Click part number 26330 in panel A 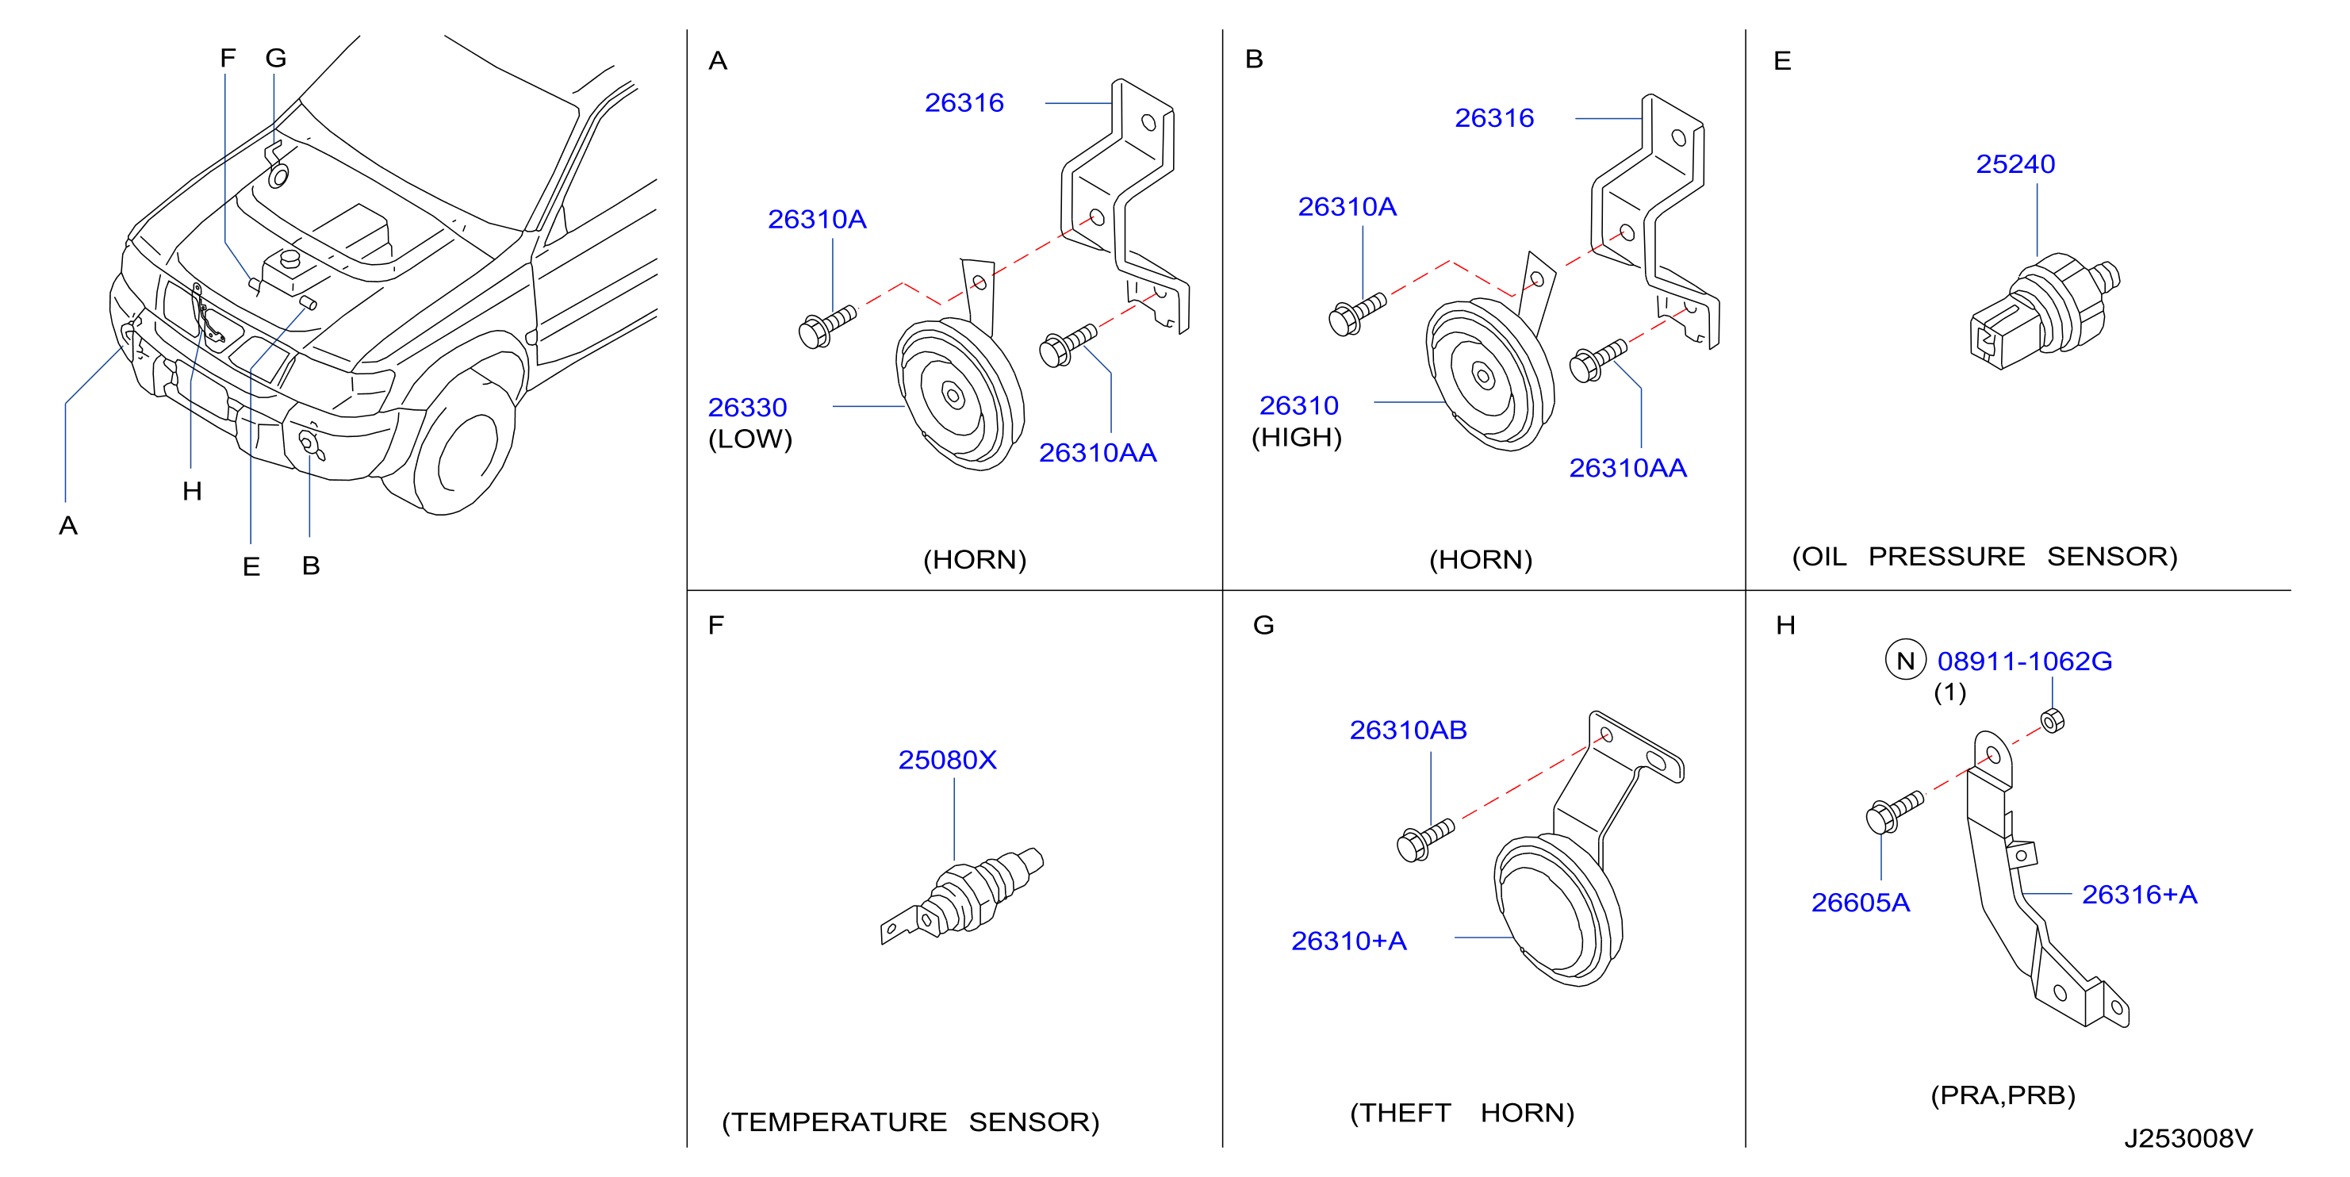point(747,407)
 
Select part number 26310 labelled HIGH point(1298,405)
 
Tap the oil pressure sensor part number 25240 point(2015,164)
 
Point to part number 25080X point(947,760)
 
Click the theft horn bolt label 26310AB point(1408,730)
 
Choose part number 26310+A point(1348,941)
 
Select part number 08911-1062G point(2024,661)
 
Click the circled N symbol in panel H point(1905,661)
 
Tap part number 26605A point(1860,903)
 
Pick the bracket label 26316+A point(2139,894)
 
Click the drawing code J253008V point(2187,1138)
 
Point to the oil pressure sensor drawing point(2045,311)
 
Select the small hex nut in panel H point(2052,721)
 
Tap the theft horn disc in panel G point(1557,911)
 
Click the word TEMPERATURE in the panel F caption point(839,1121)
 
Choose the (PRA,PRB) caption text point(2003,1095)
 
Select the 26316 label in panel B point(1494,117)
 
